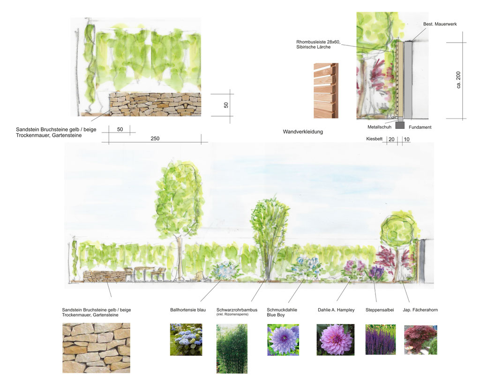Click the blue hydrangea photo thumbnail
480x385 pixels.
pyautogui.click(x=186, y=340)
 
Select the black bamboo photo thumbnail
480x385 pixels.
pyautogui.click(x=232, y=349)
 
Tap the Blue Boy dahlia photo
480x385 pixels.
pyautogui.click(x=283, y=340)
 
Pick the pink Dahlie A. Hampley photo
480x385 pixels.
pyautogui.click(x=336, y=340)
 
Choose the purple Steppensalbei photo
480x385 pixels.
pyautogui.click(x=381, y=340)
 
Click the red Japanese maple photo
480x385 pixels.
pyautogui.click(x=420, y=340)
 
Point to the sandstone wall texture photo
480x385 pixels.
pyautogui.click(x=96, y=348)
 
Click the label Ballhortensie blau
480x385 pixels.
pyautogui.click(x=188, y=310)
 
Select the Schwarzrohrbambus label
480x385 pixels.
pyautogui.click(x=237, y=310)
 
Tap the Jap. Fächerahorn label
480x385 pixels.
pyautogui.click(x=420, y=310)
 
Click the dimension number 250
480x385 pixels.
pyautogui.click(x=155, y=139)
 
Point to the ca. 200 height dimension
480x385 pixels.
pyautogui.click(x=458, y=80)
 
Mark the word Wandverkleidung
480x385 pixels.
pyautogui.click(x=303, y=132)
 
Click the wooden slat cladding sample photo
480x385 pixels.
pyautogui.click(x=326, y=90)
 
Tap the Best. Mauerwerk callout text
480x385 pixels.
pyautogui.click(x=440, y=24)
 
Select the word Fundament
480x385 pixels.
pyautogui.click(x=420, y=127)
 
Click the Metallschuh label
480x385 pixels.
pyautogui.click(x=379, y=127)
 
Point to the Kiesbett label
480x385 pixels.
pyautogui.click(x=375, y=139)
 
